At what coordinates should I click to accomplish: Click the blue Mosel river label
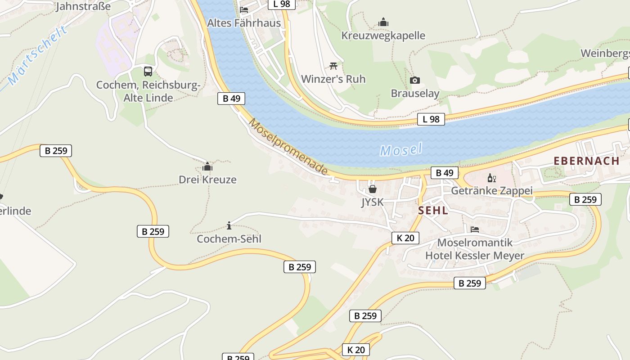tap(401, 150)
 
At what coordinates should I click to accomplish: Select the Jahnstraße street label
tap(83, 6)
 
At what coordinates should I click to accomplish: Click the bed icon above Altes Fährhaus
tap(244, 9)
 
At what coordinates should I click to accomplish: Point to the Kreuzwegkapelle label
tap(383, 36)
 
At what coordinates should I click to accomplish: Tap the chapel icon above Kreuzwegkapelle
tap(383, 22)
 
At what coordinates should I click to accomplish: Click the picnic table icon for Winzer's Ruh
tap(333, 66)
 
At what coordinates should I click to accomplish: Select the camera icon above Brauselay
tap(415, 81)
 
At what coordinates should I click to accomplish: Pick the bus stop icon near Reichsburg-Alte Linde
tap(148, 72)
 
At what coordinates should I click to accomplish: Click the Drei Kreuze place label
tap(207, 180)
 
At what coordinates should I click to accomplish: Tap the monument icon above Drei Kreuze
tap(207, 167)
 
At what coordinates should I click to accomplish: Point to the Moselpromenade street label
tap(288, 147)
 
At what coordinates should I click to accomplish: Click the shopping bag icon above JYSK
tap(373, 189)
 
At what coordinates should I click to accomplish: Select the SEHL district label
tap(433, 210)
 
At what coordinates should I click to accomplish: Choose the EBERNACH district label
tap(586, 161)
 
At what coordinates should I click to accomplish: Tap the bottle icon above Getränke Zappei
tap(492, 178)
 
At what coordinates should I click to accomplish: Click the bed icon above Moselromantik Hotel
tap(475, 229)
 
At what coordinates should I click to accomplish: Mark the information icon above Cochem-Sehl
tap(229, 225)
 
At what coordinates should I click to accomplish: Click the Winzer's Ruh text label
tap(333, 79)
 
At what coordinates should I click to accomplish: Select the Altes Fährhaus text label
tap(244, 23)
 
